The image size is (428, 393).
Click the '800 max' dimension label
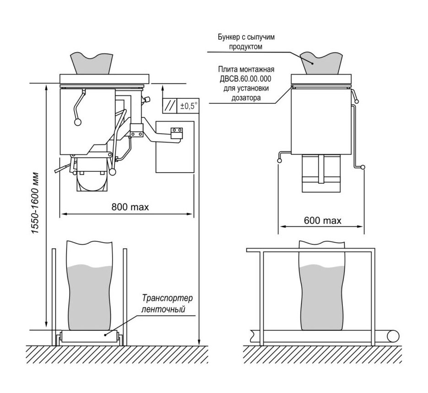pos(130,207)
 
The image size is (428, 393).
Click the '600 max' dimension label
pos(323,220)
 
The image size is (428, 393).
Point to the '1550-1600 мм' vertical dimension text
pos(36,203)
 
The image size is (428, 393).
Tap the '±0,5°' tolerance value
pos(189,106)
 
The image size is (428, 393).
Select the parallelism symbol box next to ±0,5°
pos(169,106)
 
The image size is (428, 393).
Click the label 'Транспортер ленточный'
pos(167,303)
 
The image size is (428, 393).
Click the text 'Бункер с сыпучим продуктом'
pos(246,42)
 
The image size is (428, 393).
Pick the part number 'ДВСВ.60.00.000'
pos(246,79)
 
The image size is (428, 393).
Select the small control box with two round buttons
pos(176,133)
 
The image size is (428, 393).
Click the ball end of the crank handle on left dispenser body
pos(78,122)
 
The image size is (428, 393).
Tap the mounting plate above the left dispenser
pos(104,79)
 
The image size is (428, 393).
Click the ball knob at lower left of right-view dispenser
pos(279,161)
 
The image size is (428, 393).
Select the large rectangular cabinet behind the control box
pos(175,147)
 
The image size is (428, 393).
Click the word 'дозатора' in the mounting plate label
pos(246,98)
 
